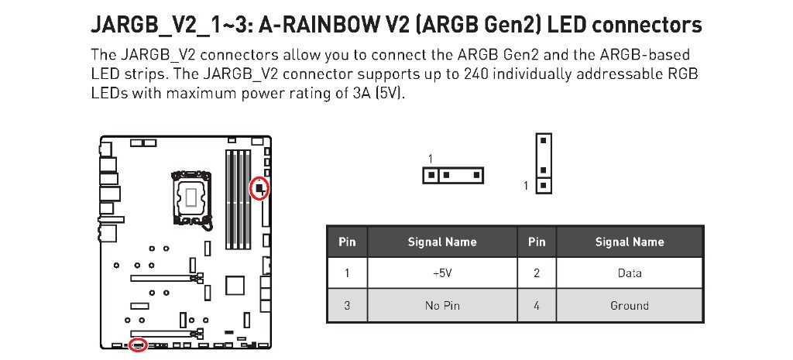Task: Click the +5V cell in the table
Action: click(442, 273)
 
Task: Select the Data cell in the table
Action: click(629, 273)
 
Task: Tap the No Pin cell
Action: click(442, 305)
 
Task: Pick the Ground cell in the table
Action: click(629, 305)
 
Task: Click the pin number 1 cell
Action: click(347, 273)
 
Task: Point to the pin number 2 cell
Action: click(536, 273)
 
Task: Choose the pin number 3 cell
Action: click(347, 305)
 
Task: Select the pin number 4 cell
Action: click(536, 305)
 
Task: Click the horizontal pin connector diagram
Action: click(452, 176)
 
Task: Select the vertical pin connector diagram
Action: click(544, 163)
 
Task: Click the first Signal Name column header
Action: click(442, 242)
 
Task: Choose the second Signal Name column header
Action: click(629, 242)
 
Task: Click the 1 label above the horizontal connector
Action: click(431, 159)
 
